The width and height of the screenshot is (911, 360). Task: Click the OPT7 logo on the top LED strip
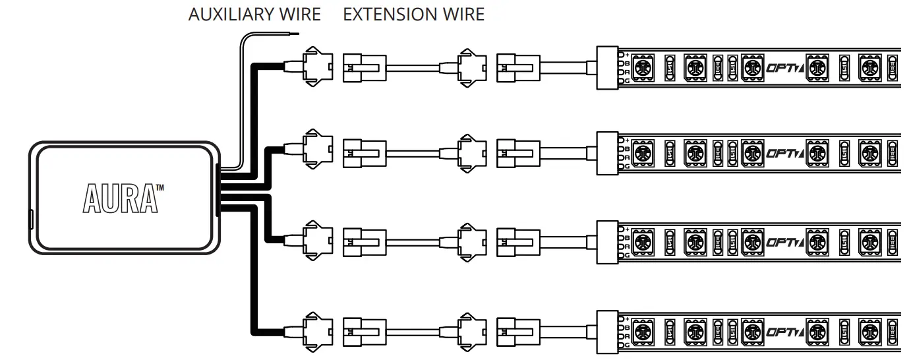point(784,67)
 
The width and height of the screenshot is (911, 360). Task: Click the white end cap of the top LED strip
point(606,67)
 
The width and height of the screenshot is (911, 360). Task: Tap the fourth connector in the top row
point(517,67)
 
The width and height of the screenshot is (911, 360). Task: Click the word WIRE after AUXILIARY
point(301,15)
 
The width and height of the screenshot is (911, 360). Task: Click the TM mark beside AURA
point(160,189)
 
